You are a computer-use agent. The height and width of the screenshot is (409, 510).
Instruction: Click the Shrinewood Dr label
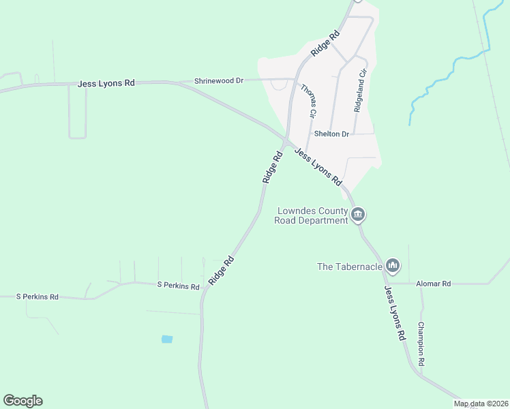pos(219,80)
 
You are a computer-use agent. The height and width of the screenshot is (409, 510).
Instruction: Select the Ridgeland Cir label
pos(361,90)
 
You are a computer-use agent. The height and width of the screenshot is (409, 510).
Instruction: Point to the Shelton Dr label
pos(331,134)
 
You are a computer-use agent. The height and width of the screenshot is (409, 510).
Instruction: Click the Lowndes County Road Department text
pos(312,215)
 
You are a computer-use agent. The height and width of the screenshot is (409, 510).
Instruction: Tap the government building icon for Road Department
pos(359,216)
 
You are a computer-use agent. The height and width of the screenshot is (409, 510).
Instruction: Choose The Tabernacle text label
pos(349,267)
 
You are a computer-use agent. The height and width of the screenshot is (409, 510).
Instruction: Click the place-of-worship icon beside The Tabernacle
pos(392,265)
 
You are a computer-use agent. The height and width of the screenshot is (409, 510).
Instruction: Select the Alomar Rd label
pos(433,284)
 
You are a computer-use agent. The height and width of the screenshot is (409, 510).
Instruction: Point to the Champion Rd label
pos(421,344)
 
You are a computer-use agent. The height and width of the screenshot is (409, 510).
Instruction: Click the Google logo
pos(22,401)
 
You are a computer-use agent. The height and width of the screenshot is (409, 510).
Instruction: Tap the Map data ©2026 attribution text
pos(481,404)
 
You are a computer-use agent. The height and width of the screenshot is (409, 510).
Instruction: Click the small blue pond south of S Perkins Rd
pos(167,339)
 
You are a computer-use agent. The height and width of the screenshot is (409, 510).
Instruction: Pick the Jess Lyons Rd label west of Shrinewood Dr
pos(106,83)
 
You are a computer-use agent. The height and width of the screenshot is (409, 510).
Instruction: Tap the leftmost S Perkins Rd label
pos(37,297)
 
